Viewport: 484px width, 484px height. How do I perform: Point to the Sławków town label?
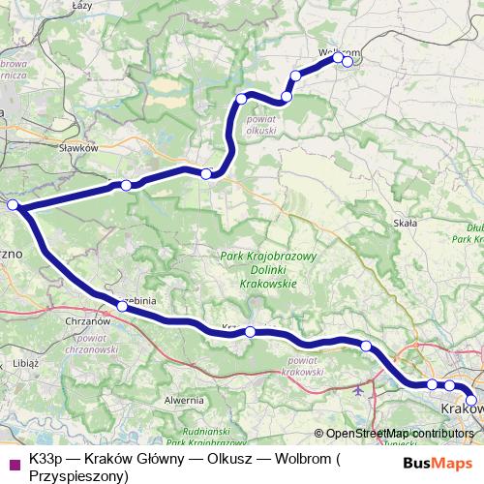click(x=79, y=148)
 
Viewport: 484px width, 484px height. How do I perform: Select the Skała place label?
click(x=405, y=223)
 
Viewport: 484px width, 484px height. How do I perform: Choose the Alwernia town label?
click(x=183, y=399)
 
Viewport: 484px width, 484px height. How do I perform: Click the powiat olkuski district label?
click(x=263, y=124)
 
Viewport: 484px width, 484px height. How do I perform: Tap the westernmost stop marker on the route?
click(x=12, y=205)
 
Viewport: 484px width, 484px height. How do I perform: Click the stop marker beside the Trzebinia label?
click(x=122, y=306)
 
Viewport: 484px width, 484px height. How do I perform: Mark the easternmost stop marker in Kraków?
click(x=471, y=400)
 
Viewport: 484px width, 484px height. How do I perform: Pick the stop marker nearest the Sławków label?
click(x=126, y=185)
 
